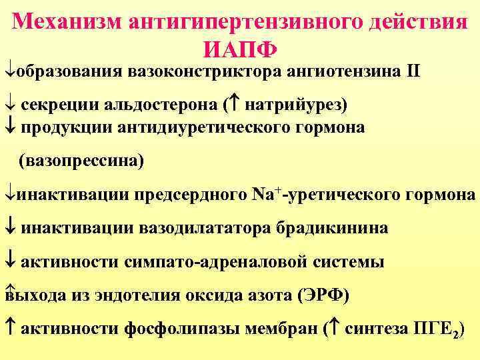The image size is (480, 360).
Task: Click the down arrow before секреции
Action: (9, 105)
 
